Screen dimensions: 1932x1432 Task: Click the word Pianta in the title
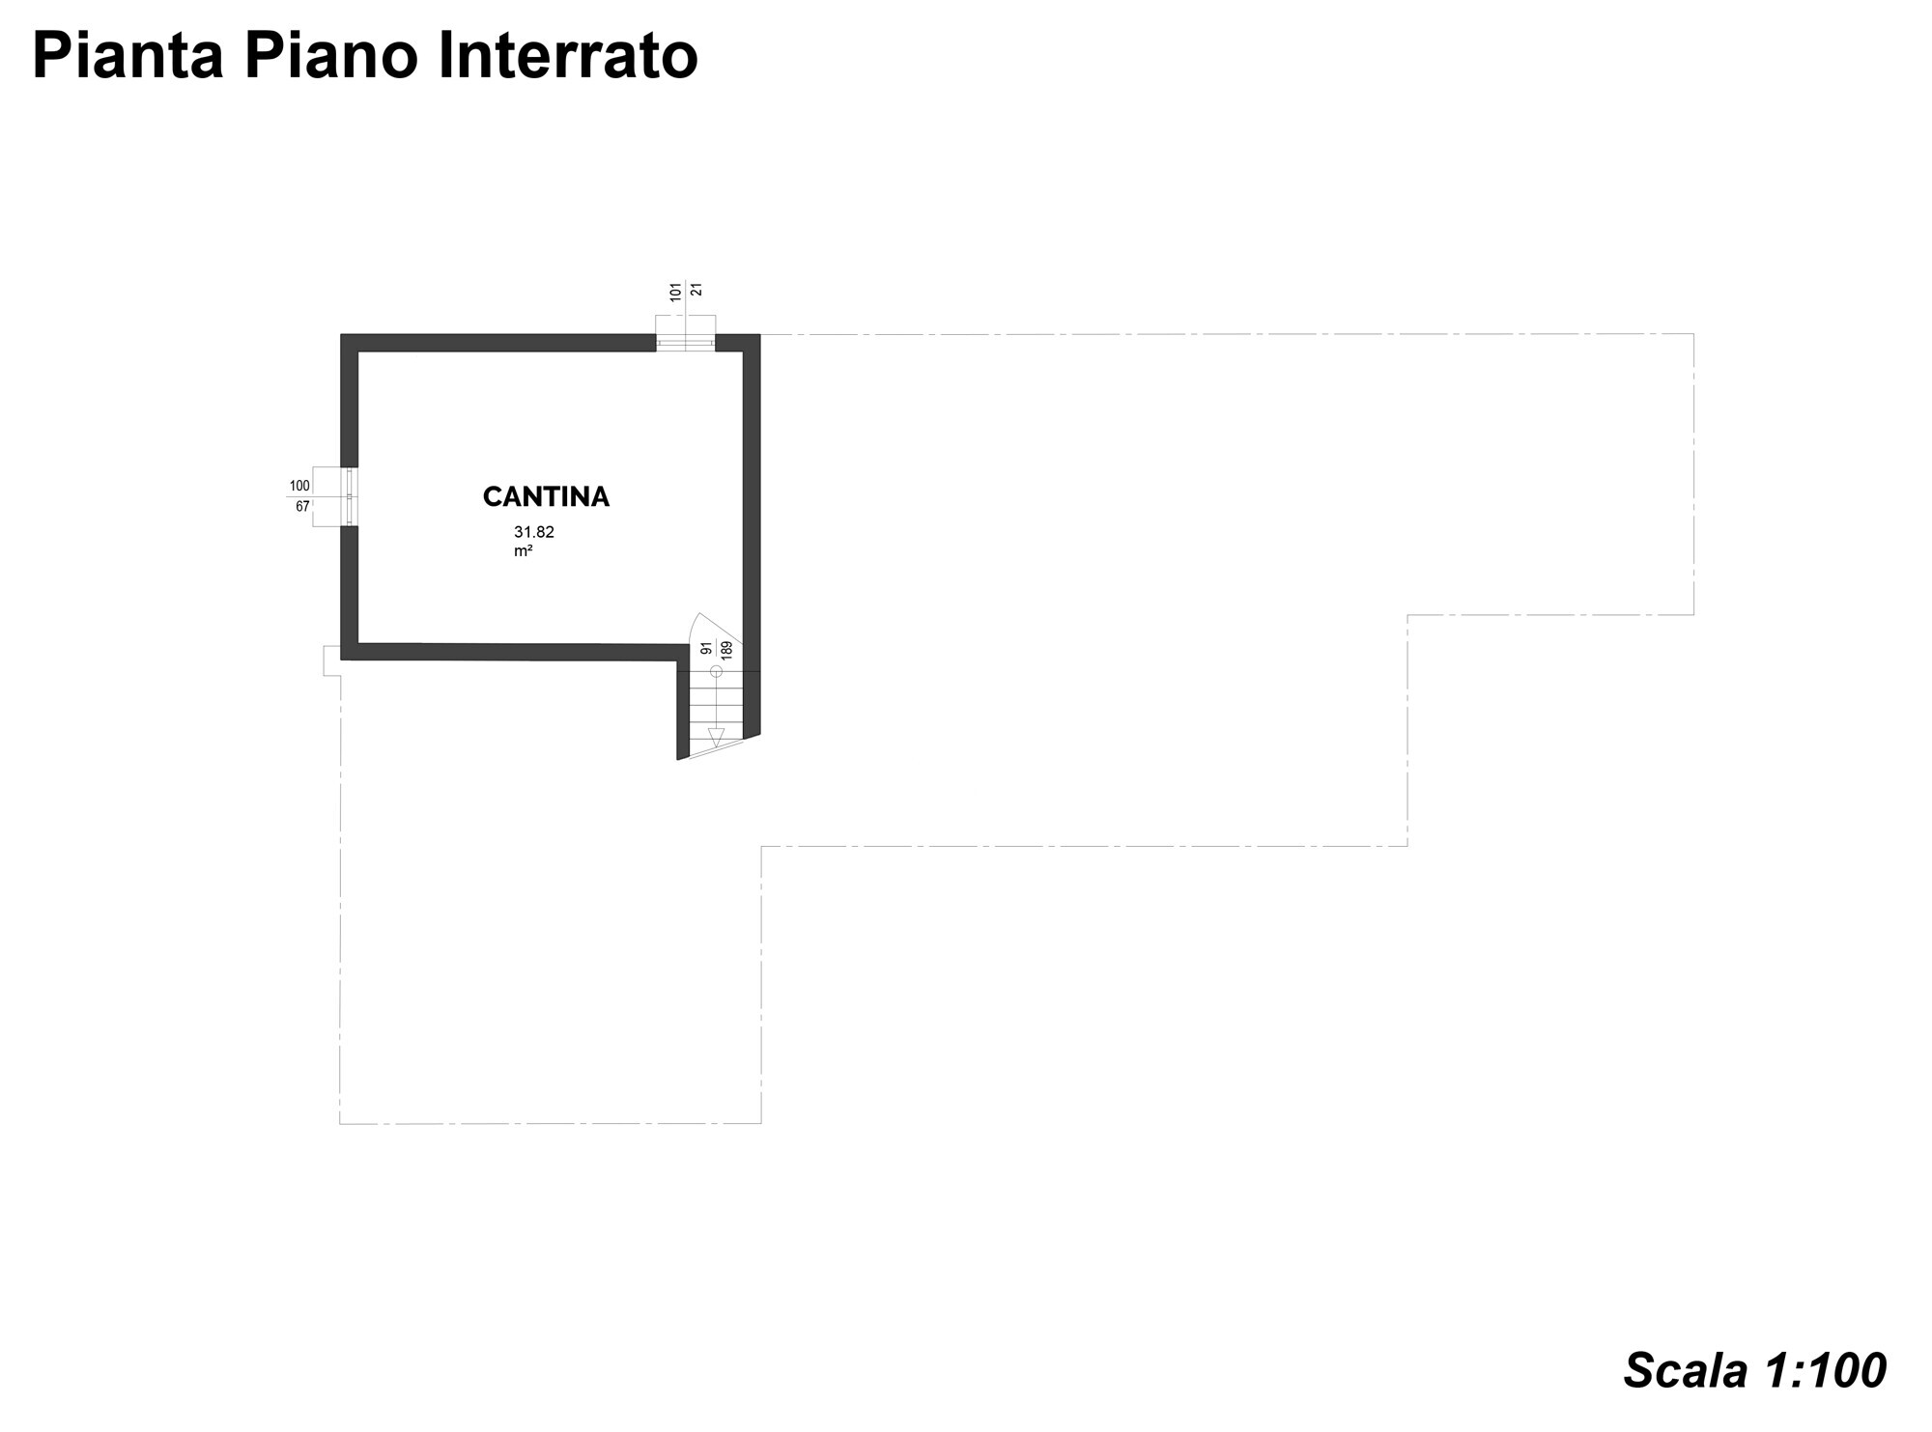(x=128, y=56)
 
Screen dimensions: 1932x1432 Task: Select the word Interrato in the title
(x=568, y=56)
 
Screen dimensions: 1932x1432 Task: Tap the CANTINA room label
(x=546, y=497)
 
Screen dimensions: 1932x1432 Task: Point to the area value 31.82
(x=534, y=532)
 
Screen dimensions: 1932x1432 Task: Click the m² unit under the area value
(x=524, y=551)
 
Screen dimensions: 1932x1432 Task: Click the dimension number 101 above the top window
(x=676, y=291)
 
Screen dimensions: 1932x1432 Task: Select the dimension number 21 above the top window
(x=696, y=290)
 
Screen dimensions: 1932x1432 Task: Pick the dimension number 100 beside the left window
(x=299, y=486)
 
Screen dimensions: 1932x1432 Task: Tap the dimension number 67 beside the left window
(x=302, y=506)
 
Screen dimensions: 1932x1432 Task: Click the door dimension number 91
(x=706, y=649)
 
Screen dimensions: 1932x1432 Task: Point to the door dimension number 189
(x=726, y=649)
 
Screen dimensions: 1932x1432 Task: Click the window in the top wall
(x=686, y=342)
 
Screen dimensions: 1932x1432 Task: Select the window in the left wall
(x=350, y=496)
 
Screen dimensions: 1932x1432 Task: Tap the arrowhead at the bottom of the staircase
(x=716, y=737)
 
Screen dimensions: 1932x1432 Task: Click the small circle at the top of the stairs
(x=716, y=671)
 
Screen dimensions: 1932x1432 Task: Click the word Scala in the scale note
(x=1686, y=1370)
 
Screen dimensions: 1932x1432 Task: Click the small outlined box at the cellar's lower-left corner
(x=331, y=660)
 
